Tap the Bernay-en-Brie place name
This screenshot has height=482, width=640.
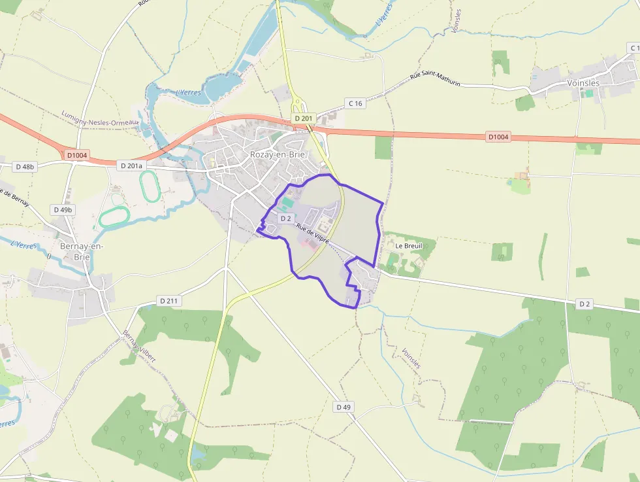coord(81,251)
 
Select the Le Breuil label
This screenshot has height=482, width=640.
coord(409,245)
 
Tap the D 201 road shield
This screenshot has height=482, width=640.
coord(304,118)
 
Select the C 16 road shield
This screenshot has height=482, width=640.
coord(355,103)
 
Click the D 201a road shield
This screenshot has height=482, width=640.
coord(131,166)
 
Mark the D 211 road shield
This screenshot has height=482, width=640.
coord(168,301)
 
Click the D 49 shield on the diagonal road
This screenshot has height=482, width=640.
coord(344,407)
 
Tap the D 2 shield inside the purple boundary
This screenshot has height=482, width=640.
coord(285,218)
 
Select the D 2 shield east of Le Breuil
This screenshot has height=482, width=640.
coord(584,304)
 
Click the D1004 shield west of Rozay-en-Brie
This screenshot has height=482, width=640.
coord(77,155)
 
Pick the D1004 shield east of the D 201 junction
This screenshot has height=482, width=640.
coord(498,137)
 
